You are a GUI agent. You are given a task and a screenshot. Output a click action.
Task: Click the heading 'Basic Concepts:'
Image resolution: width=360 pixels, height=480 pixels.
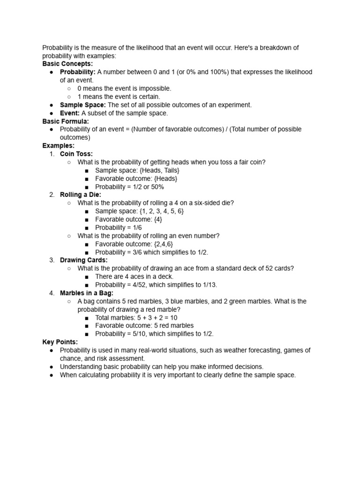pyautogui.click(x=67, y=64)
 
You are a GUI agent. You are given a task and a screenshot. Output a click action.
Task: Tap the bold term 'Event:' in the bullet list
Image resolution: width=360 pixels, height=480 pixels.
pyautogui.click(x=70, y=113)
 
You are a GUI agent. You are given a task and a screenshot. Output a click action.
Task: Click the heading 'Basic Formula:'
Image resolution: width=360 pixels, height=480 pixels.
pyautogui.click(x=66, y=121)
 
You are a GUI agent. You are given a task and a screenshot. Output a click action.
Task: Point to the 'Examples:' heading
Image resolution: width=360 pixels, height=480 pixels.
pyautogui.click(x=59, y=146)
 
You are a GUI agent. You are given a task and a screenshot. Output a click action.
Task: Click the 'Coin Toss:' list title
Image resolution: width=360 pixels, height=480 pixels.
pyautogui.click(x=76, y=154)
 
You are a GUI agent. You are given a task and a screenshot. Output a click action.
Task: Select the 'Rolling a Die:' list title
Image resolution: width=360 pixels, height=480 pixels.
pyautogui.click(x=81, y=195)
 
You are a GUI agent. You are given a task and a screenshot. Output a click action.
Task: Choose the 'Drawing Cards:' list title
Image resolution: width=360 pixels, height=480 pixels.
pyautogui.click(x=84, y=260)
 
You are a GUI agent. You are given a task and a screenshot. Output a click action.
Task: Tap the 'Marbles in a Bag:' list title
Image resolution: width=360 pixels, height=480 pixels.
pyautogui.click(x=87, y=293)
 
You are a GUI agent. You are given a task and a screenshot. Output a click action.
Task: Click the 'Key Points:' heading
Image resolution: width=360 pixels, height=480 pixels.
pyautogui.click(x=60, y=342)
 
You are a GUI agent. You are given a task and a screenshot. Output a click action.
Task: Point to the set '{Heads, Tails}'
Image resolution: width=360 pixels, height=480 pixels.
pyautogui.click(x=159, y=170)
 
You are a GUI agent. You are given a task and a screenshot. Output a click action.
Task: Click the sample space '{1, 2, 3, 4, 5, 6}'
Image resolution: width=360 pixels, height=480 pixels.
pyautogui.click(x=162, y=211)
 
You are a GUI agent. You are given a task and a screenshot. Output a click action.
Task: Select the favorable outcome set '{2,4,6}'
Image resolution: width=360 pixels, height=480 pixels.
pyautogui.click(x=164, y=244)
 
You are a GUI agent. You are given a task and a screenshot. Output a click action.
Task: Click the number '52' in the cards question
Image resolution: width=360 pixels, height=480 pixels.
pyautogui.click(x=269, y=268)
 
